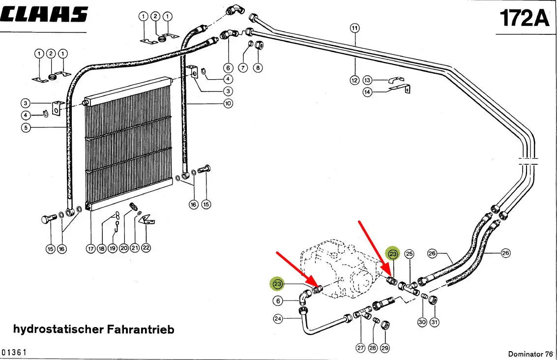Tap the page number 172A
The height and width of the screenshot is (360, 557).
pos(524,18)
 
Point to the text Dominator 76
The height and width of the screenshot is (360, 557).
pos(530,354)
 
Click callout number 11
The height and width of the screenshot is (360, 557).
pos(355,28)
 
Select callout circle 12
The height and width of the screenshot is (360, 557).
pos(355,80)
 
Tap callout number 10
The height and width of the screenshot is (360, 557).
pos(228,104)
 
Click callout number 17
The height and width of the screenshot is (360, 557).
pos(91,249)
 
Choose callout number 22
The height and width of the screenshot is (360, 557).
pos(146,248)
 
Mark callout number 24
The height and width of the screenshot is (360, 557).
pos(278,319)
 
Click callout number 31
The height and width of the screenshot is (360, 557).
pos(435,322)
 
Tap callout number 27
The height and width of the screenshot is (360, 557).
pos(360,348)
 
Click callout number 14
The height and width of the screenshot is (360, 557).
pos(368,92)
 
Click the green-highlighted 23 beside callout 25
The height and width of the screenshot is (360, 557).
pos(393,254)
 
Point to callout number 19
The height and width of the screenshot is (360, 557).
pos(113,249)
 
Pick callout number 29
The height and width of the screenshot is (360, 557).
pos(385,348)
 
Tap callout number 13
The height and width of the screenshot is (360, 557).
pos(368,80)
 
